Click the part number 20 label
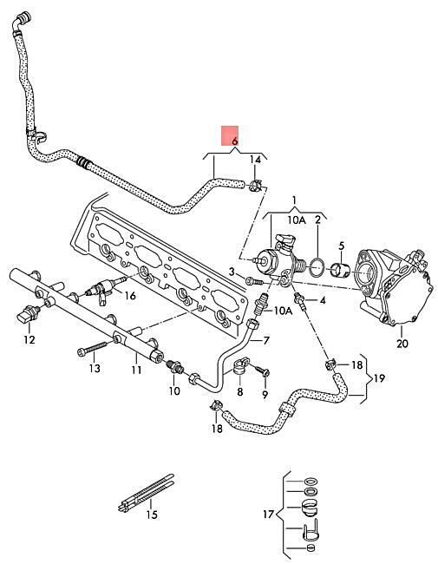[x=402, y=344]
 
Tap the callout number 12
[x=29, y=339]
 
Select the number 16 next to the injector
[x=130, y=296]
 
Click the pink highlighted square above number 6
[x=230, y=135]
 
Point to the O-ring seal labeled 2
[x=317, y=268]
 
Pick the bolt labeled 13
[x=92, y=349]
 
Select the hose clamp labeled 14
[x=256, y=186]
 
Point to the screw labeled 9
[x=263, y=371]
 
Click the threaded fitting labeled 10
[x=175, y=366]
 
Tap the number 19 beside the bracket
[x=379, y=378]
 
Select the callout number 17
[x=268, y=514]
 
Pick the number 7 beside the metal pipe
[x=266, y=340]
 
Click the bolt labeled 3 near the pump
[x=254, y=281]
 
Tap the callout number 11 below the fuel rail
[x=136, y=370]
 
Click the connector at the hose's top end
[x=23, y=19]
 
